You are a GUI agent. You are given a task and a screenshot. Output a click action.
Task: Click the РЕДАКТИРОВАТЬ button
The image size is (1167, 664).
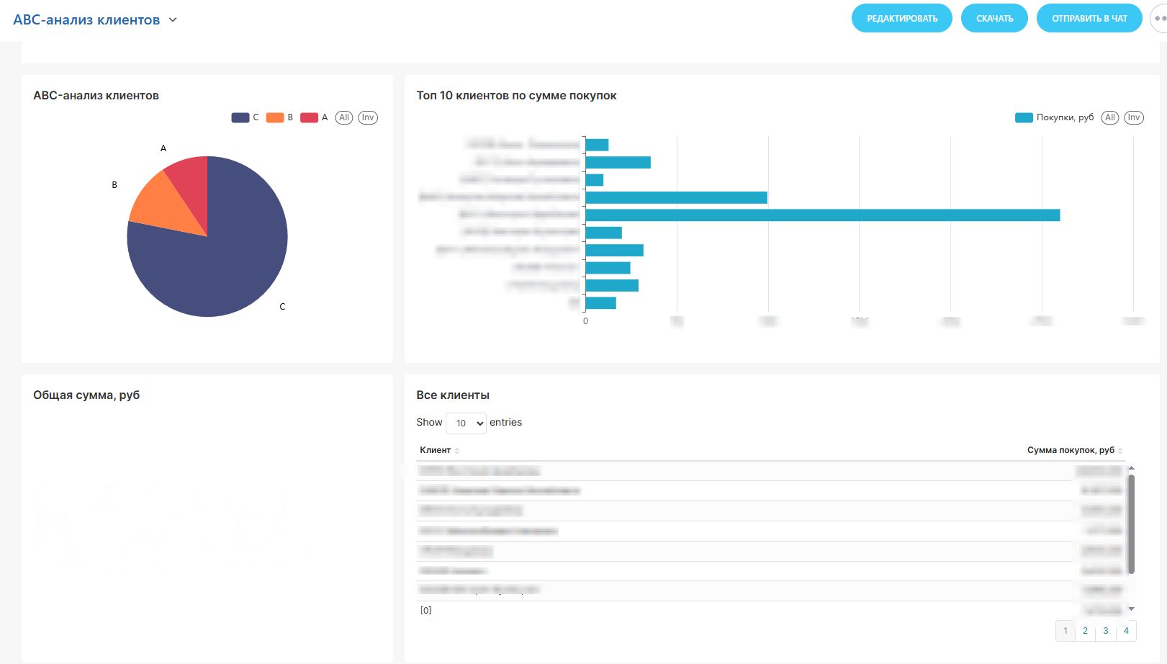pyautogui.click(x=901, y=19)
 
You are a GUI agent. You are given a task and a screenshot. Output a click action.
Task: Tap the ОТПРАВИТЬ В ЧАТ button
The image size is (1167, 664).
pyautogui.click(x=1089, y=19)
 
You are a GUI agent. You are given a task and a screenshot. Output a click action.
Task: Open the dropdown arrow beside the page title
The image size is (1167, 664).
pyautogui.click(x=173, y=20)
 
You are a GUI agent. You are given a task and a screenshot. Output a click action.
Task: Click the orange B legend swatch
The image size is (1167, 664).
pyautogui.click(x=275, y=117)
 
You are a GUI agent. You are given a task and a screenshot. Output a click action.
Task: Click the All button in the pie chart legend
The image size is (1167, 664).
pyautogui.click(x=344, y=117)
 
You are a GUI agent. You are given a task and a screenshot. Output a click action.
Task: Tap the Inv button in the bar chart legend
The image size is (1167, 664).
pyautogui.click(x=1134, y=117)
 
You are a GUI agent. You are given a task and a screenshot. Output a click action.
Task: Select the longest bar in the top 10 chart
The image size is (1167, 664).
pyautogui.click(x=822, y=215)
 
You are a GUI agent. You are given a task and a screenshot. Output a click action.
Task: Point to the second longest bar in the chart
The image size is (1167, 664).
pyautogui.click(x=676, y=197)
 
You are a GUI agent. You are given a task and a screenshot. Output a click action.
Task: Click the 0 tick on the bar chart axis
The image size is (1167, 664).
pyautogui.click(x=585, y=321)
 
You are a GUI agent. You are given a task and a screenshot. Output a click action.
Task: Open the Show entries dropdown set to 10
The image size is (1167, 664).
pyautogui.click(x=467, y=423)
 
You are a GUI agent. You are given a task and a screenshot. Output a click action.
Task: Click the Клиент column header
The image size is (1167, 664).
pyautogui.click(x=436, y=450)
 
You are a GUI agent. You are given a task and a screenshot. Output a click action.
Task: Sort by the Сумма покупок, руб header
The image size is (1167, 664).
pyautogui.click(x=1071, y=450)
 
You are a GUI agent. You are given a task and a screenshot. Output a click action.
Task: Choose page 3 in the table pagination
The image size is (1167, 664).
pyautogui.click(x=1106, y=631)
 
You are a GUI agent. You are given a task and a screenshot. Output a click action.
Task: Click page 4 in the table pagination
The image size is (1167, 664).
pyautogui.click(x=1126, y=631)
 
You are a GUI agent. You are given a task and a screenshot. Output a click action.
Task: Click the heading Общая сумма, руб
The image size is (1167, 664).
pyautogui.click(x=86, y=395)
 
